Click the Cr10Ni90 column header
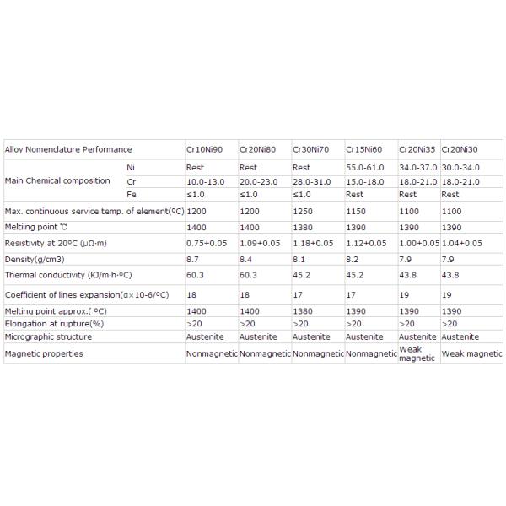204,149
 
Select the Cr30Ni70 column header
310,149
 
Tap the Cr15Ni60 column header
363,149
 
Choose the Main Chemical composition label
57,180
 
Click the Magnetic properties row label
44,354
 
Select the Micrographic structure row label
48,336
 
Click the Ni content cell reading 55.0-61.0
366,168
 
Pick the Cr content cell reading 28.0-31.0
313,181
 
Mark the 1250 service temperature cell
301,210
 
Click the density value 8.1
298,259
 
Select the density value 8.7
192,259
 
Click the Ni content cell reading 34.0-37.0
418,168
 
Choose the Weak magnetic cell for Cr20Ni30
471,354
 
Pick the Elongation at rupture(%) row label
54,323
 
